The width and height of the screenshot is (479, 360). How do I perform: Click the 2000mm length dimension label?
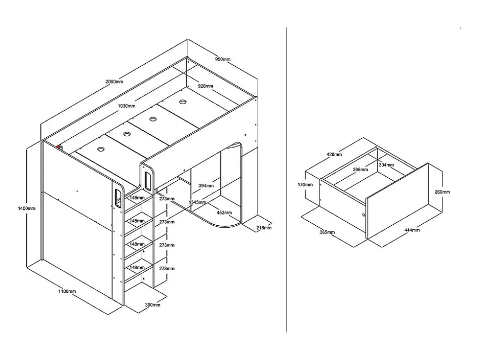pyautogui.click(x=114, y=82)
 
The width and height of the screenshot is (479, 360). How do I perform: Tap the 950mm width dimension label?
pyautogui.click(x=223, y=59)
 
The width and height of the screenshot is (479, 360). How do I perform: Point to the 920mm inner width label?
pyautogui.click(x=205, y=86)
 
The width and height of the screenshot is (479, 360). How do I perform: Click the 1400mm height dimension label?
pyautogui.click(x=27, y=208)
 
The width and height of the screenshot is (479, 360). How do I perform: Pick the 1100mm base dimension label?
pyautogui.click(x=67, y=291)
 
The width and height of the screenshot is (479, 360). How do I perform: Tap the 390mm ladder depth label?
pyautogui.click(x=153, y=305)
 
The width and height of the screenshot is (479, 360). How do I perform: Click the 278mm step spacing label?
pyautogui.click(x=167, y=269)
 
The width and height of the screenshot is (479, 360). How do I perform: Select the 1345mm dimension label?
pyautogui.click(x=198, y=202)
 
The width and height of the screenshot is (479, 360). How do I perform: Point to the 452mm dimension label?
pyautogui.click(x=224, y=212)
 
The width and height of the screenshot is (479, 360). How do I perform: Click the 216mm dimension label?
pyautogui.click(x=264, y=228)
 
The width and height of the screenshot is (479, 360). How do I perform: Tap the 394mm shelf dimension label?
pyautogui.click(x=206, y=186)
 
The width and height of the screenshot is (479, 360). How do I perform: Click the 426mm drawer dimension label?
pyautogui.click(x=334, y=155)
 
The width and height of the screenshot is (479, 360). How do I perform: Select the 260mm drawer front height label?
pyautogui.click(x=441, y=192)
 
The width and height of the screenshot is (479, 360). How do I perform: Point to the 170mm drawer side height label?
pyautogui.click(x=306, y=185)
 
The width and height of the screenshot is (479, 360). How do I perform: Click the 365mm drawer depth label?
pyautogui.click(x=327, y=232)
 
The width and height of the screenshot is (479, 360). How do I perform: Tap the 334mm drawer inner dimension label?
pyautogui.click(x=386, y=165)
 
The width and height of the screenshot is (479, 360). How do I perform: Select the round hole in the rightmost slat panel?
pyautogui.click(x=182, y=103)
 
